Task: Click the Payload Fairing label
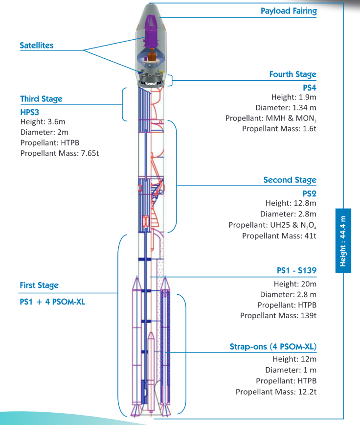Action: (288, 11)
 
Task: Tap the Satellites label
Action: (37, 46)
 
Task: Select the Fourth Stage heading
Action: (292, 74)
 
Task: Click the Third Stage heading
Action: (41, 99)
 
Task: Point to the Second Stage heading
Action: (290, 180)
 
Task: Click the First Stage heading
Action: (39, 285)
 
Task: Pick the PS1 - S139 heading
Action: (296, 271)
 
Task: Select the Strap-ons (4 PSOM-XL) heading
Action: (273, 347)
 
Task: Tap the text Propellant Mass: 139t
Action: (278, 315)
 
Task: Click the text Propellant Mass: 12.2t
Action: (276, 392)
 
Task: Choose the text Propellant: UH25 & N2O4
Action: (272, 225)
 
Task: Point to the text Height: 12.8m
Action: (291, 203)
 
